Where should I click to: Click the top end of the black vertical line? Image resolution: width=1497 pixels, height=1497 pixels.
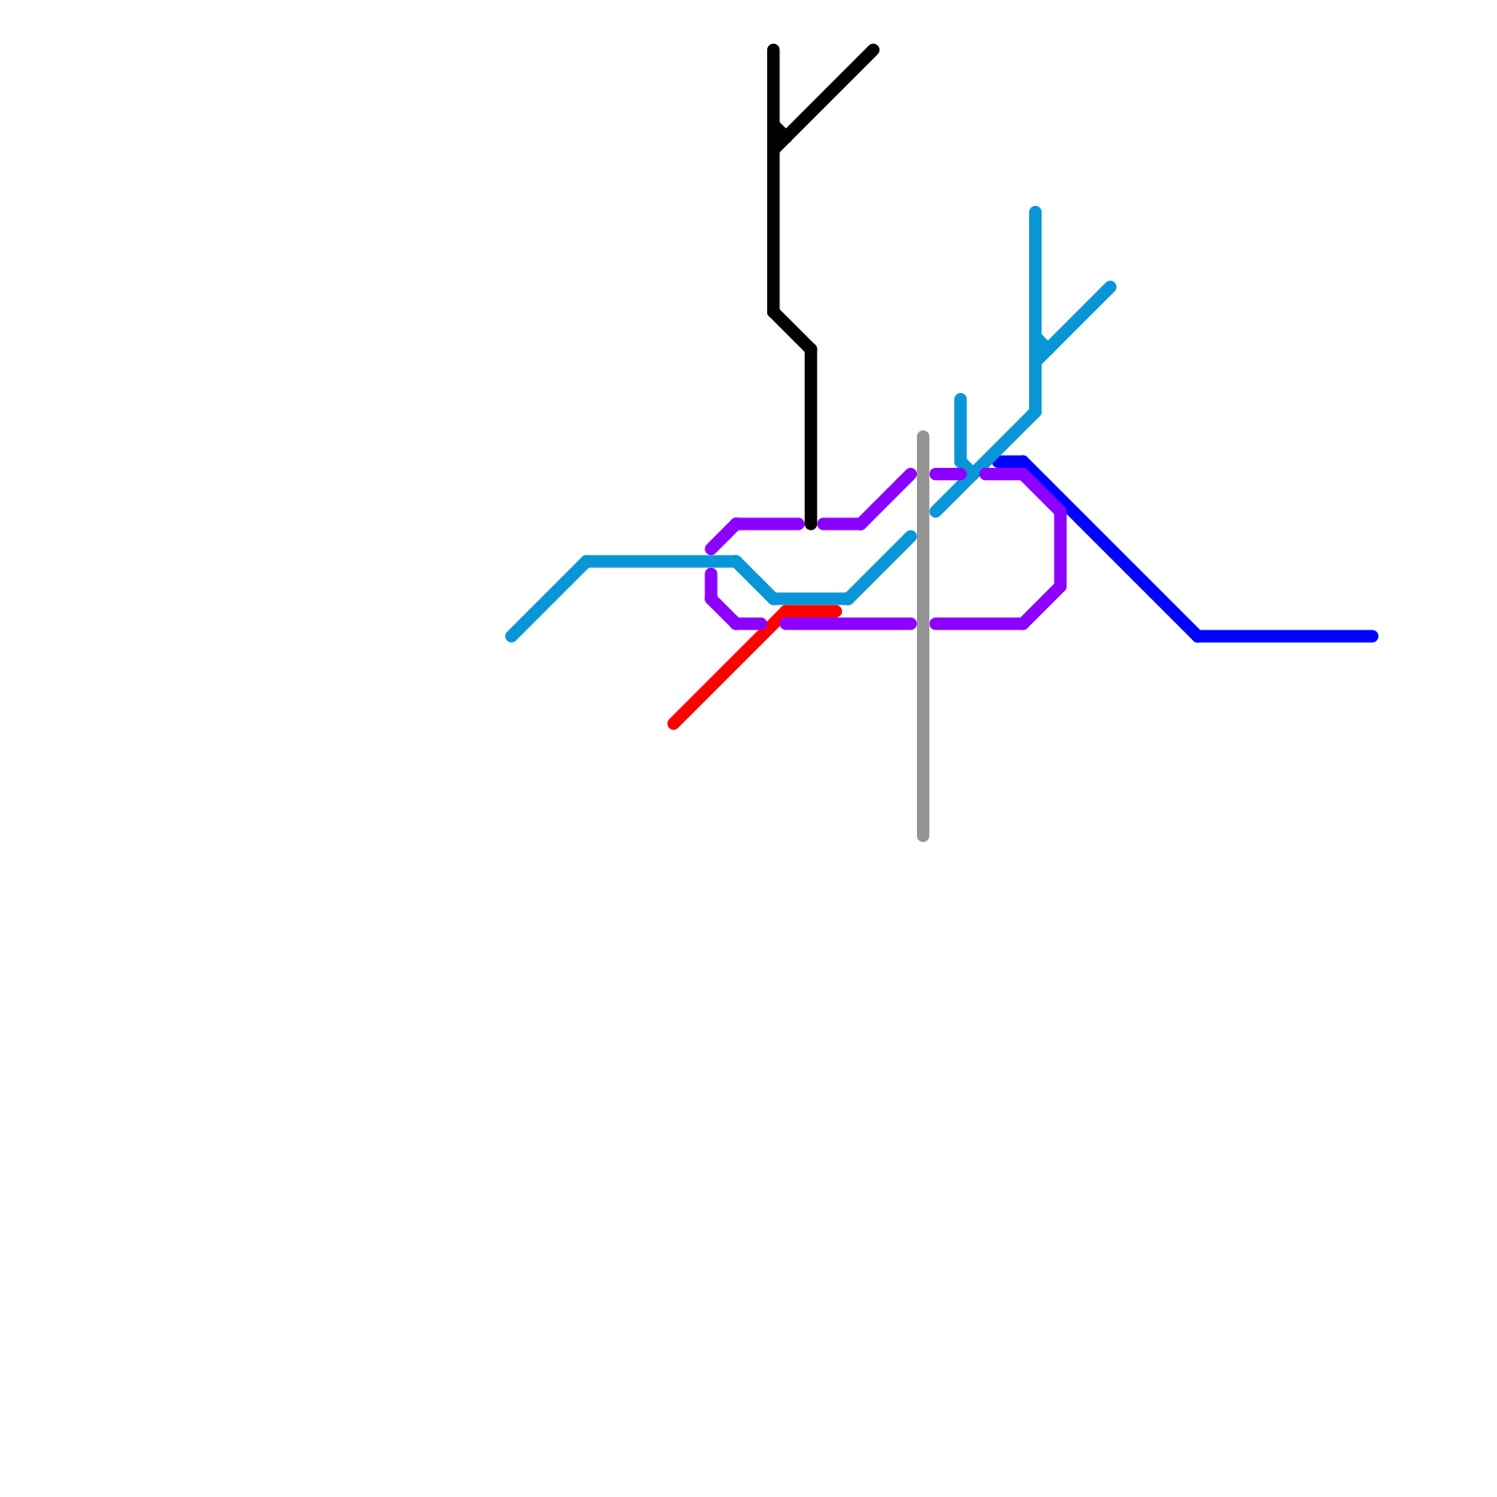(774, 50)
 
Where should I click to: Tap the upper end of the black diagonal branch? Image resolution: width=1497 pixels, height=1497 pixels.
(873, 50)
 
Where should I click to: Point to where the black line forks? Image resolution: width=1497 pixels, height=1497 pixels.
(775, 148)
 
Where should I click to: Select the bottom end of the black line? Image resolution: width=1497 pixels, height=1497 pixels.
(811, 525)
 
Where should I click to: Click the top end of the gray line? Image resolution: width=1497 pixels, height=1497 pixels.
(923, 436)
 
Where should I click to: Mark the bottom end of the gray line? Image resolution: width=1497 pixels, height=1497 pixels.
(923, 836)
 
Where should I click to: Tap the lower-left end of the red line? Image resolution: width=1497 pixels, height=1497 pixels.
(674, 723)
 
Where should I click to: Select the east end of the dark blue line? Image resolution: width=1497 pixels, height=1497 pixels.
(1373, 636)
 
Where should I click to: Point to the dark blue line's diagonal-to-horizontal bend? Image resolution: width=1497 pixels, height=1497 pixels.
(1199, 636)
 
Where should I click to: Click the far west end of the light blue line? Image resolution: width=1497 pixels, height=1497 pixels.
(511, 637)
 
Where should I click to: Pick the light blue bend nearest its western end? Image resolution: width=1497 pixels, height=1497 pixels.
(587, 561)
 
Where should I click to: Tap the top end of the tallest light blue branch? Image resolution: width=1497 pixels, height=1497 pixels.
(1036, 211)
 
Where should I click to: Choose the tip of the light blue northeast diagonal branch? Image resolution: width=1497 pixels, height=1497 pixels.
(1111, 286)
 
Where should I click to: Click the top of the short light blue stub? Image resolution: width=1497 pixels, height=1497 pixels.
(961, 399)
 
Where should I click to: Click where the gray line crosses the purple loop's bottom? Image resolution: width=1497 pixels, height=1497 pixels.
(923, 624)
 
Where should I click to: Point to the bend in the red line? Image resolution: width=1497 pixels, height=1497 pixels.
(782, 613)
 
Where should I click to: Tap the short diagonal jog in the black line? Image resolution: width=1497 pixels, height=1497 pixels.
(792, 331)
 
